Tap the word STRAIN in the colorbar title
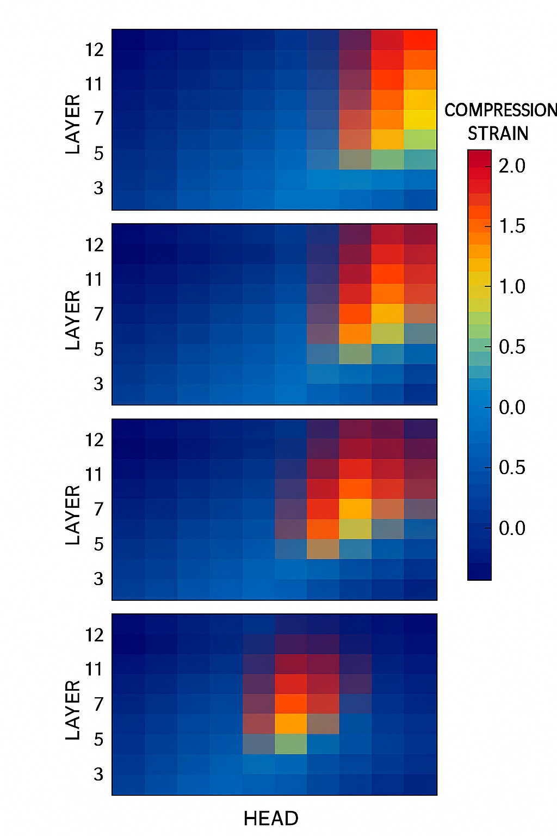point(498,133)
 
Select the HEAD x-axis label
point(271,818)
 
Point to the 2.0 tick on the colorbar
point(512,165)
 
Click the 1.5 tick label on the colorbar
point(512,226)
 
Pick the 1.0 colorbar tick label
point(512,286)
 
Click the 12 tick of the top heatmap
point(94,50)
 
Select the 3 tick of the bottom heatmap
point(98,774)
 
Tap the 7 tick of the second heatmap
point(98,314)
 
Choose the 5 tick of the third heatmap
point(98,544)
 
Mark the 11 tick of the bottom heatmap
point(94,668)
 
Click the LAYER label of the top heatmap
point(73,124)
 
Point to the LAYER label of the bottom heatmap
point(73,710)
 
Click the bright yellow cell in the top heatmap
point(420,119)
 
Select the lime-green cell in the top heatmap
point(420,139)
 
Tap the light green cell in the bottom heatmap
point(290,744)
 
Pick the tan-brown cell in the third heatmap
point(323,549)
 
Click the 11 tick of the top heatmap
point(94,84)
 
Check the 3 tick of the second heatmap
point(98,384)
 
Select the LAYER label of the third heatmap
point(73,515)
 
